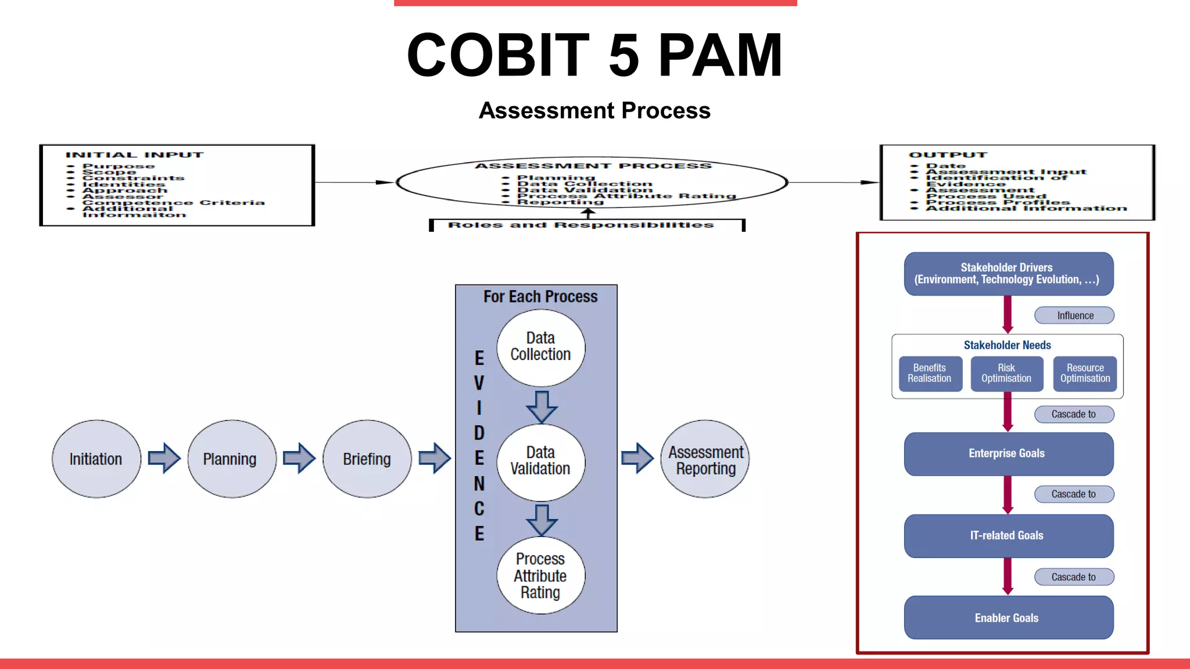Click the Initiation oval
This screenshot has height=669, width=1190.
[96, 459]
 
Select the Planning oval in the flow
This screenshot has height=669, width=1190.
[231, 459]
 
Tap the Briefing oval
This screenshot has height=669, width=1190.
[367, 459]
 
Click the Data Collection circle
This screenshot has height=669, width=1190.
[540, 347]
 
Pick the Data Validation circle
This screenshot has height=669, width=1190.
[540, 461]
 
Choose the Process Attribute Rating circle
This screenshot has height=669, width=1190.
[540, 576]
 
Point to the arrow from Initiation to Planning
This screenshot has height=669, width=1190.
[164, 458]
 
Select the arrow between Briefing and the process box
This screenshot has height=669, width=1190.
[434, 458]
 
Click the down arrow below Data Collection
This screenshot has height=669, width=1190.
[542, 406]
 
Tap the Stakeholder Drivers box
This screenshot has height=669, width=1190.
[1008, 274]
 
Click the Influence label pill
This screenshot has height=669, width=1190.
[1074, 315]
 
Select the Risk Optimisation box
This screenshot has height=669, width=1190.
[1006, 373]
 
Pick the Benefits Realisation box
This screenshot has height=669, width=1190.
[930, 373]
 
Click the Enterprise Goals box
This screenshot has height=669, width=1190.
[1008, 454]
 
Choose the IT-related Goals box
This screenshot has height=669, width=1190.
[1008, 535]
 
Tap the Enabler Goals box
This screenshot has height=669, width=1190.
[1008, 618]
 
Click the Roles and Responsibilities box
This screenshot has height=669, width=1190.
[586, 225]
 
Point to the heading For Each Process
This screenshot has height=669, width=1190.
[540, 297]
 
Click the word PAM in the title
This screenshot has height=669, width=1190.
[721, 55]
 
